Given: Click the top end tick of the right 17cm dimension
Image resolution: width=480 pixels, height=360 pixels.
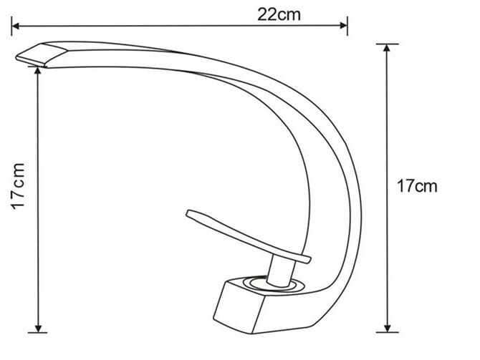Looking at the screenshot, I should (x=387, y=45).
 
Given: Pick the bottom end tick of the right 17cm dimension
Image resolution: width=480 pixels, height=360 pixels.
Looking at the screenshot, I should (x=387, y=332).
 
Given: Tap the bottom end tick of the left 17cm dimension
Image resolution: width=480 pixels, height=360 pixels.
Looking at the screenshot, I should (x=37, y=333).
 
